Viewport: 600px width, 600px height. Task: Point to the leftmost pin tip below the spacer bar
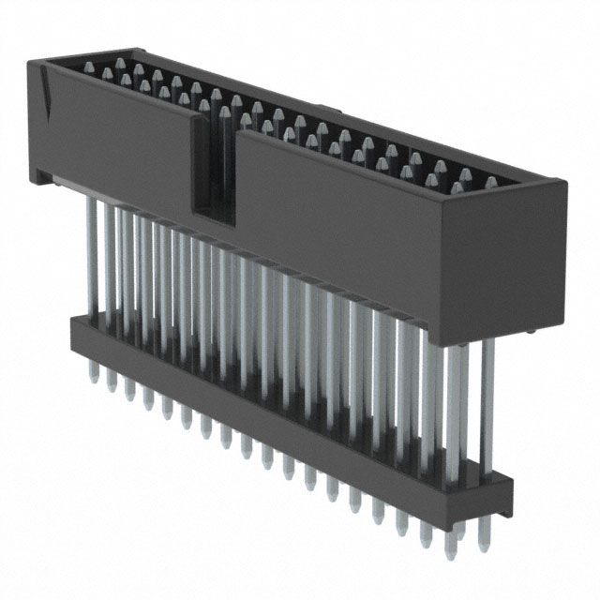coord(94,375)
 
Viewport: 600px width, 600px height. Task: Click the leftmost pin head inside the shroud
coord(91,67)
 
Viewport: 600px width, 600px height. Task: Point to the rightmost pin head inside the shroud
coord(490,182)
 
